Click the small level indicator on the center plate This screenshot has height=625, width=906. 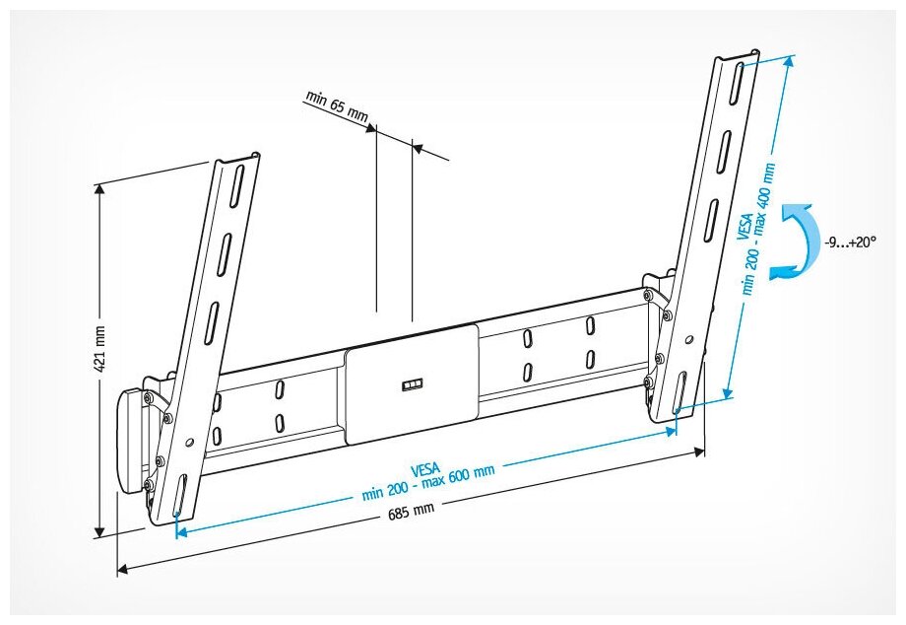click(x=411, y=383)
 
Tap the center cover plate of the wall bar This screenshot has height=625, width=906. click(x=411, y=384)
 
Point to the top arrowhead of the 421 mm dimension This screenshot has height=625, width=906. click(x=99, y=190)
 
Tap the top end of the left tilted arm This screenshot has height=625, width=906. click(x=235, y=160)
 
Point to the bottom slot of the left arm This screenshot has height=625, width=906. click(x=180, y=496)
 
